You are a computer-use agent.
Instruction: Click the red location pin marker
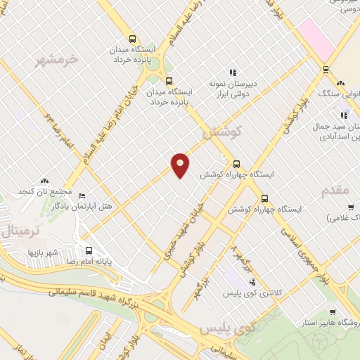(181, 165)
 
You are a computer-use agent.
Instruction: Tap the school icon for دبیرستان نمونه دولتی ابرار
(233, 72)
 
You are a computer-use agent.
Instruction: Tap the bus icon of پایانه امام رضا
(89, 250)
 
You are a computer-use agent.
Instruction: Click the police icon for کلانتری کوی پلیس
(252, 283)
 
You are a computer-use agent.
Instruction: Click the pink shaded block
(315, 39)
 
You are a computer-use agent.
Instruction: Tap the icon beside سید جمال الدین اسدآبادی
(344, 115)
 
